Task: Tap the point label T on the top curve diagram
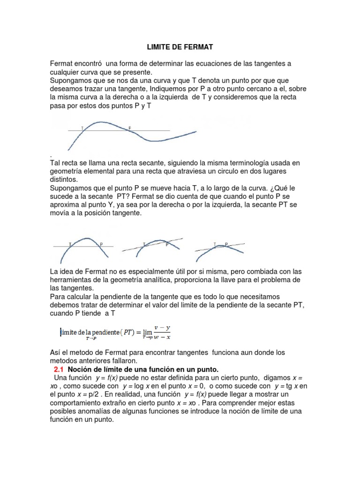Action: coord(83,127)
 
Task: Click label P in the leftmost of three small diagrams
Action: coord(101,244)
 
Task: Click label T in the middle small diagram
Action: coord(144,244)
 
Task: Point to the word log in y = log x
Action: coord(140,386)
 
